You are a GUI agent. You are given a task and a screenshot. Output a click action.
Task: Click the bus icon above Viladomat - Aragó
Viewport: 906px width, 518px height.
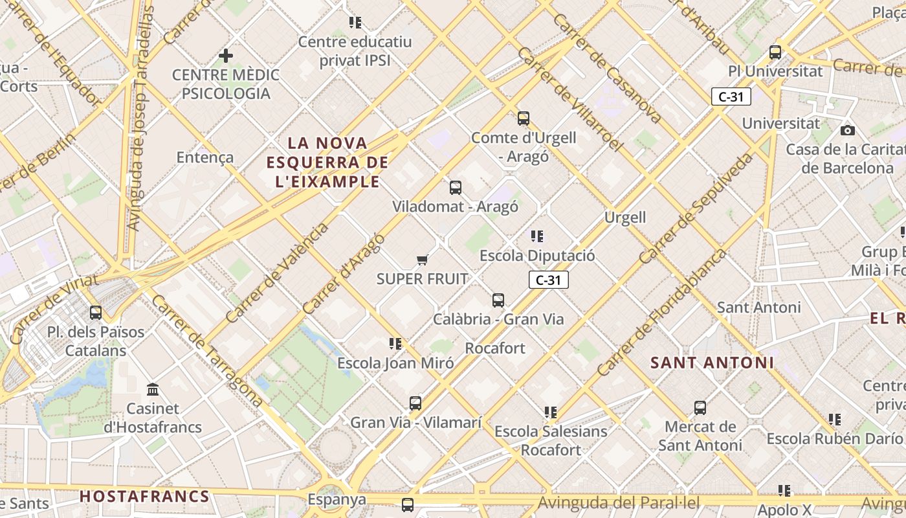456,188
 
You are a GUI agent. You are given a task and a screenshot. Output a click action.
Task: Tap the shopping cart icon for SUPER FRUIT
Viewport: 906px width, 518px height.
423,260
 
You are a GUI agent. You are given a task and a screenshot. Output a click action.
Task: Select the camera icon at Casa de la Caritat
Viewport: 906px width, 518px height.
847,130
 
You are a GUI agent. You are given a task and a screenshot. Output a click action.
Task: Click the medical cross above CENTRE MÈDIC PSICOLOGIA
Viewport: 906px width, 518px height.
225,56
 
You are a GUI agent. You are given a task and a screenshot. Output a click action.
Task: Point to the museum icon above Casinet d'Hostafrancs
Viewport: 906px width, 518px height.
153,390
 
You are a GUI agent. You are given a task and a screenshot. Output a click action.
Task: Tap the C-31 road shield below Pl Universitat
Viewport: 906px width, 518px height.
731,97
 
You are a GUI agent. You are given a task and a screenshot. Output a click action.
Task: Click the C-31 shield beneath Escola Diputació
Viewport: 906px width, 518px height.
549,280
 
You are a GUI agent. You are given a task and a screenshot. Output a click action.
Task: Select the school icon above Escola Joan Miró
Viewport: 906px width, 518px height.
395,343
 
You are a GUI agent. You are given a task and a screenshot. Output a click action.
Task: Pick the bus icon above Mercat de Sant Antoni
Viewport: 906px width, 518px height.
700,407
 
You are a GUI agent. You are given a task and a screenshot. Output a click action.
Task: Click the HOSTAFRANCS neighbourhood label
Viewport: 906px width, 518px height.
144,497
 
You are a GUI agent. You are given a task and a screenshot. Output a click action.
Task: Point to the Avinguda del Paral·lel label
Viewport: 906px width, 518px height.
619,502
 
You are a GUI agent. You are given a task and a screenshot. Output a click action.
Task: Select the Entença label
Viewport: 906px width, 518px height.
205,157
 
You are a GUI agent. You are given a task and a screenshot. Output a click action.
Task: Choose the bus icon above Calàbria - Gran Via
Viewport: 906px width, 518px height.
498,300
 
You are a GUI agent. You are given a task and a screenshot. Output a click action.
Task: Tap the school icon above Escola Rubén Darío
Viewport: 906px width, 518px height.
835,420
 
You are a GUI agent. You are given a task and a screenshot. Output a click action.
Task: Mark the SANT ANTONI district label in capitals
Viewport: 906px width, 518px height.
712,363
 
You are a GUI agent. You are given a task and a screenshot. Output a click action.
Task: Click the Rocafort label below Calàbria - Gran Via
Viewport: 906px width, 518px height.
495,348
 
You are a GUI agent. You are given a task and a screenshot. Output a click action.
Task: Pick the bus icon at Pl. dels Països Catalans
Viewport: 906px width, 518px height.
96,312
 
